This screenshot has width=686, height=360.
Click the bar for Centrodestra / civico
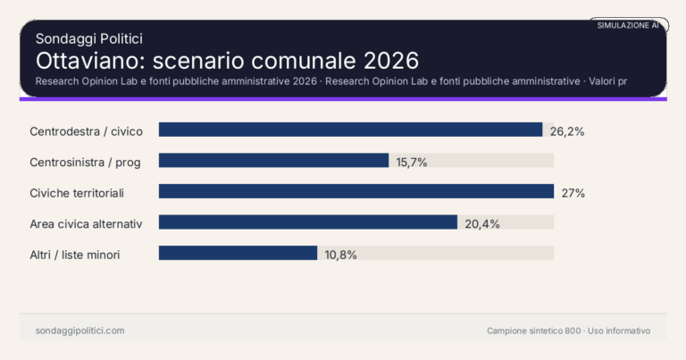[x=350, y=130]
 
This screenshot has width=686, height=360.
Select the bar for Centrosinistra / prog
[x=273, y=161]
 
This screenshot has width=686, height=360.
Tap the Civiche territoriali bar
[x=356, y=191]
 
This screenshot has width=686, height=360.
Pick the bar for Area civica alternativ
[x=308, y=222]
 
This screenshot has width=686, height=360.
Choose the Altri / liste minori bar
[x=238, y=254]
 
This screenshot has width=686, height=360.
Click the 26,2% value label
[x=567, y=131]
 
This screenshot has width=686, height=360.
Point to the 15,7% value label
[x=413, y=162]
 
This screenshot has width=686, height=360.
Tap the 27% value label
[x=573, y=193]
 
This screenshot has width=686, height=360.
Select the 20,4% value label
[x=482, y=223]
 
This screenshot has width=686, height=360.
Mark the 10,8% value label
[x=341, y=255]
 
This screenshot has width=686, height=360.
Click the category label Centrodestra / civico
[x=86, y=131]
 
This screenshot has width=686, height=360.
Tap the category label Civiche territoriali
[x=77, y=193]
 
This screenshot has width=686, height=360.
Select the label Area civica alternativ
[x=87, y=223]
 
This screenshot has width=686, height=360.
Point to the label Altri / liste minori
[x=75, y=255]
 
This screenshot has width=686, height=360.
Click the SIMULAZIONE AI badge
[x=628, y=26]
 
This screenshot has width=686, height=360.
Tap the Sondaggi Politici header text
[x=89, y=38]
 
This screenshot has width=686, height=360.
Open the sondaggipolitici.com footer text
[x=79, y=331]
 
